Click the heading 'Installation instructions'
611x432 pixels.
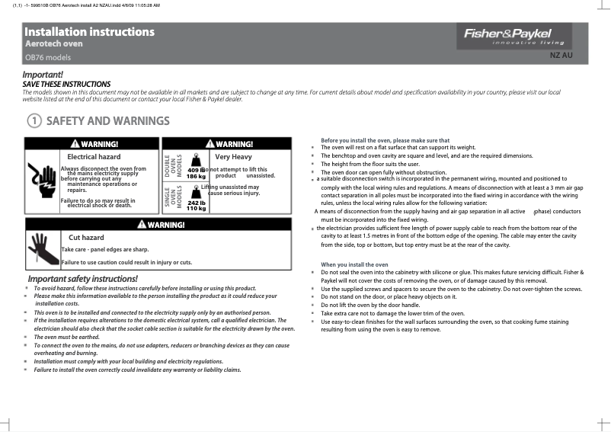coord(89,32)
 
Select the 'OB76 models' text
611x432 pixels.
coord(48,57)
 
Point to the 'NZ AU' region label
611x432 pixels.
coord(561,56)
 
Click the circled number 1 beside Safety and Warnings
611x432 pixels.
coord(34,121)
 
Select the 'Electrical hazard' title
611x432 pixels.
coord(94,157)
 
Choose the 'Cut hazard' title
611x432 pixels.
coord(86,238)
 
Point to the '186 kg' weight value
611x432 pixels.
coord(197,176)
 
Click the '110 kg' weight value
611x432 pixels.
coord(197,208)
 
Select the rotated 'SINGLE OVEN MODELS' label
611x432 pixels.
coord(173,198)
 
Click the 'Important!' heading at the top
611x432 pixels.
coord(43,75)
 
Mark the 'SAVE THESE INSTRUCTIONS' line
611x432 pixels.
coord(66,84)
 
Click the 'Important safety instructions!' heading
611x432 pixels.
coord(83,278)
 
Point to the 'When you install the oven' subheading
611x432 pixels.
coord(354,264)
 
